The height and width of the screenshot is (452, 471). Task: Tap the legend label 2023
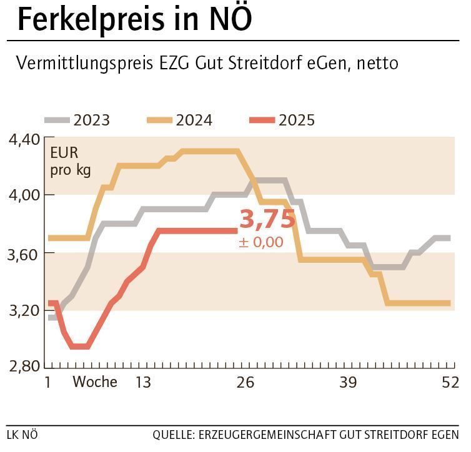coord(91,120)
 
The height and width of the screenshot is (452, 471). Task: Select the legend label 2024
coord(194,120)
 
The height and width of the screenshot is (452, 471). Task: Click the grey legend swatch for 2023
coord(56,119)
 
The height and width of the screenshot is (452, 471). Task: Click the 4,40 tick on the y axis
coord(24,139)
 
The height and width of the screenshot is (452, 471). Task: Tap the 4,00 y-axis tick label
coord(24,195)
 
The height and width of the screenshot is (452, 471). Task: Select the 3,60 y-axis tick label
coord(24,253)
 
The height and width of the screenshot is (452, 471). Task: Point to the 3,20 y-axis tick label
coord(24,310)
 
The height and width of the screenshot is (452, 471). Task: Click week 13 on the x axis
coord(142,382)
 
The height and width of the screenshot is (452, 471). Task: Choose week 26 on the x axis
coord(245,382)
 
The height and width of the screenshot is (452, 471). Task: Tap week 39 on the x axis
coord(348,382)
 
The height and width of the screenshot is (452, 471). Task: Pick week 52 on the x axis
coord(450,382)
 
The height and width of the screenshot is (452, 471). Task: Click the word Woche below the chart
coord(95,382)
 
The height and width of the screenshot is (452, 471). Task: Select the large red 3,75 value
coord(267,220)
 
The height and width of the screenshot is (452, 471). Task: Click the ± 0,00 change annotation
coord(260,242)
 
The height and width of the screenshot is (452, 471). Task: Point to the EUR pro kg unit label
coord(70,161)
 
